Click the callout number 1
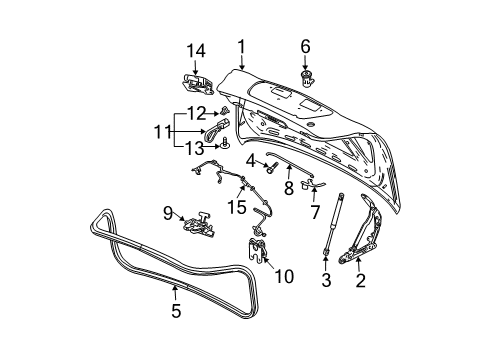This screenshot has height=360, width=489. tap(241, 45)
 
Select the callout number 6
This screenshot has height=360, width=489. tap(306, 45)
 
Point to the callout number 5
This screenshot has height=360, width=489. tap(175, 310)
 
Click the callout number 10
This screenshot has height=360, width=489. tap(284, 275)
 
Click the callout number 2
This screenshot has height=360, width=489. tap(361, 282)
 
